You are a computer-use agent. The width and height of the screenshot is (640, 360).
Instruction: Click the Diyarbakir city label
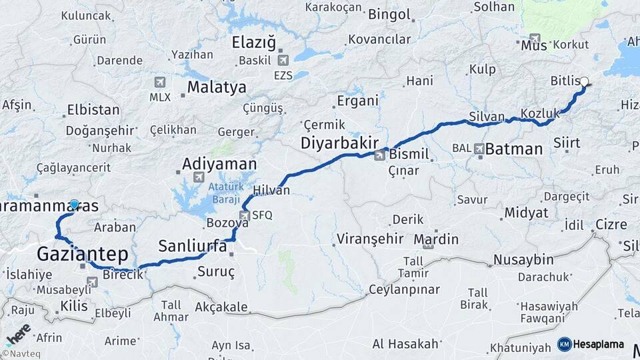340,143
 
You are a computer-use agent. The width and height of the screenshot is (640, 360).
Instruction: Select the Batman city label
514,149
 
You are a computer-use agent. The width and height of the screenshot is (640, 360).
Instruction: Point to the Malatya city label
217,87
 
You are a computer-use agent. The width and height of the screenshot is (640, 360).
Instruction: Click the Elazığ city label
253,43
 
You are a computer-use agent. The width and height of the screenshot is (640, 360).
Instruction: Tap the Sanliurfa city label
192,247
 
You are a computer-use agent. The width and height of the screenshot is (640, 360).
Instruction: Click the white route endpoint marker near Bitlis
585,82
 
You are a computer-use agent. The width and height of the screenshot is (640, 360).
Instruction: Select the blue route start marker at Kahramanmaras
74,204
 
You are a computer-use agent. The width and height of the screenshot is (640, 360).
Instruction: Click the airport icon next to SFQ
244,215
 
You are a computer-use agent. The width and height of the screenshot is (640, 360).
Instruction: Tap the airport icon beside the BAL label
479,149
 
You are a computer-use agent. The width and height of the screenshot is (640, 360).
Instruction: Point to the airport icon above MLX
159,82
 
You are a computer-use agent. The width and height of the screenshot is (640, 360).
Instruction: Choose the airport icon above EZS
282,61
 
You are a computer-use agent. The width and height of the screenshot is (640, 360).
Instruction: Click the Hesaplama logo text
598,344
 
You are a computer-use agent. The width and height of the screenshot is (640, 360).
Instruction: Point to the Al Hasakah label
405,344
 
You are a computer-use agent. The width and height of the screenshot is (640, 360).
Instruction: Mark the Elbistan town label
93,110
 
